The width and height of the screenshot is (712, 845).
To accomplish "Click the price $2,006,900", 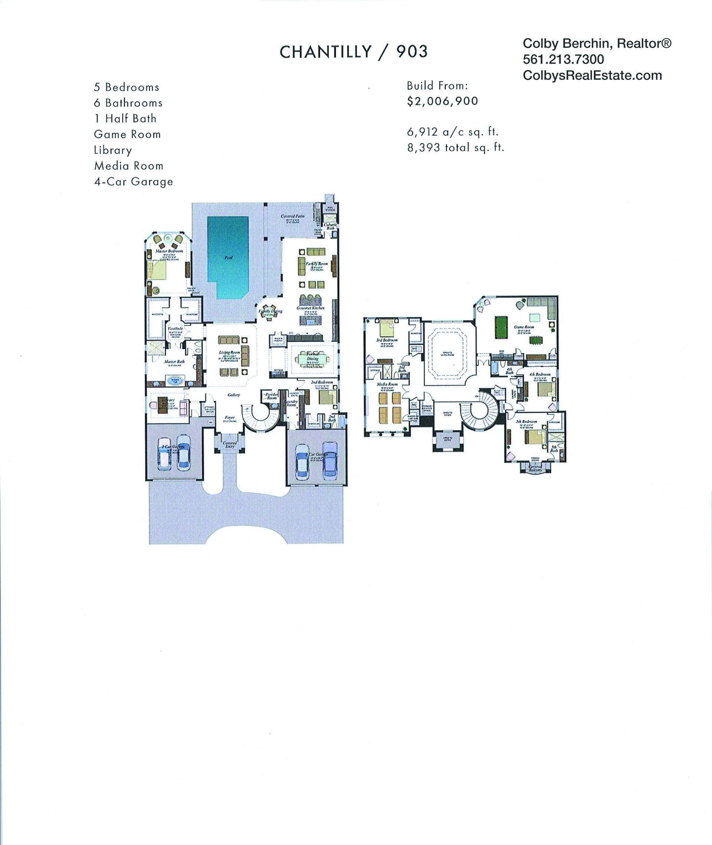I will click(x=442, y=101).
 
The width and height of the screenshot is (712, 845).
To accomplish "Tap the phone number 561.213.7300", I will click(x=563, y=59).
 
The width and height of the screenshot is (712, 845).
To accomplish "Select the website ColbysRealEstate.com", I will click(x=592, y=76).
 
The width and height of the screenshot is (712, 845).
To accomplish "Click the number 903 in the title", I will click(x=412, y=52).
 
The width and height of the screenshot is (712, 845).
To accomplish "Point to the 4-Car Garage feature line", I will click(x=133, y=182).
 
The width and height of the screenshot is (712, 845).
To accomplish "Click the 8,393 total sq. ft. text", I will click(x=456, y=148).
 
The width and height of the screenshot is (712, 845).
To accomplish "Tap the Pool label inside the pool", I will click(x=228, y=258).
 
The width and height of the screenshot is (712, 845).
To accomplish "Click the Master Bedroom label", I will click(x=169, y=251).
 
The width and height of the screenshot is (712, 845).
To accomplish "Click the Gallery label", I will click(x=234, y=395).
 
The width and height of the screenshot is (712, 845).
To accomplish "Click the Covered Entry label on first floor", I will click(x=230, y=444).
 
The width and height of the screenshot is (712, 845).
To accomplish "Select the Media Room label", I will click(x=387, y=384).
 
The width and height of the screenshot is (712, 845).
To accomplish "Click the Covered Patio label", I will click(x=293, y=216).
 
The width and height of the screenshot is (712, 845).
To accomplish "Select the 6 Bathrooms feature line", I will click(x=128, y=103).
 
